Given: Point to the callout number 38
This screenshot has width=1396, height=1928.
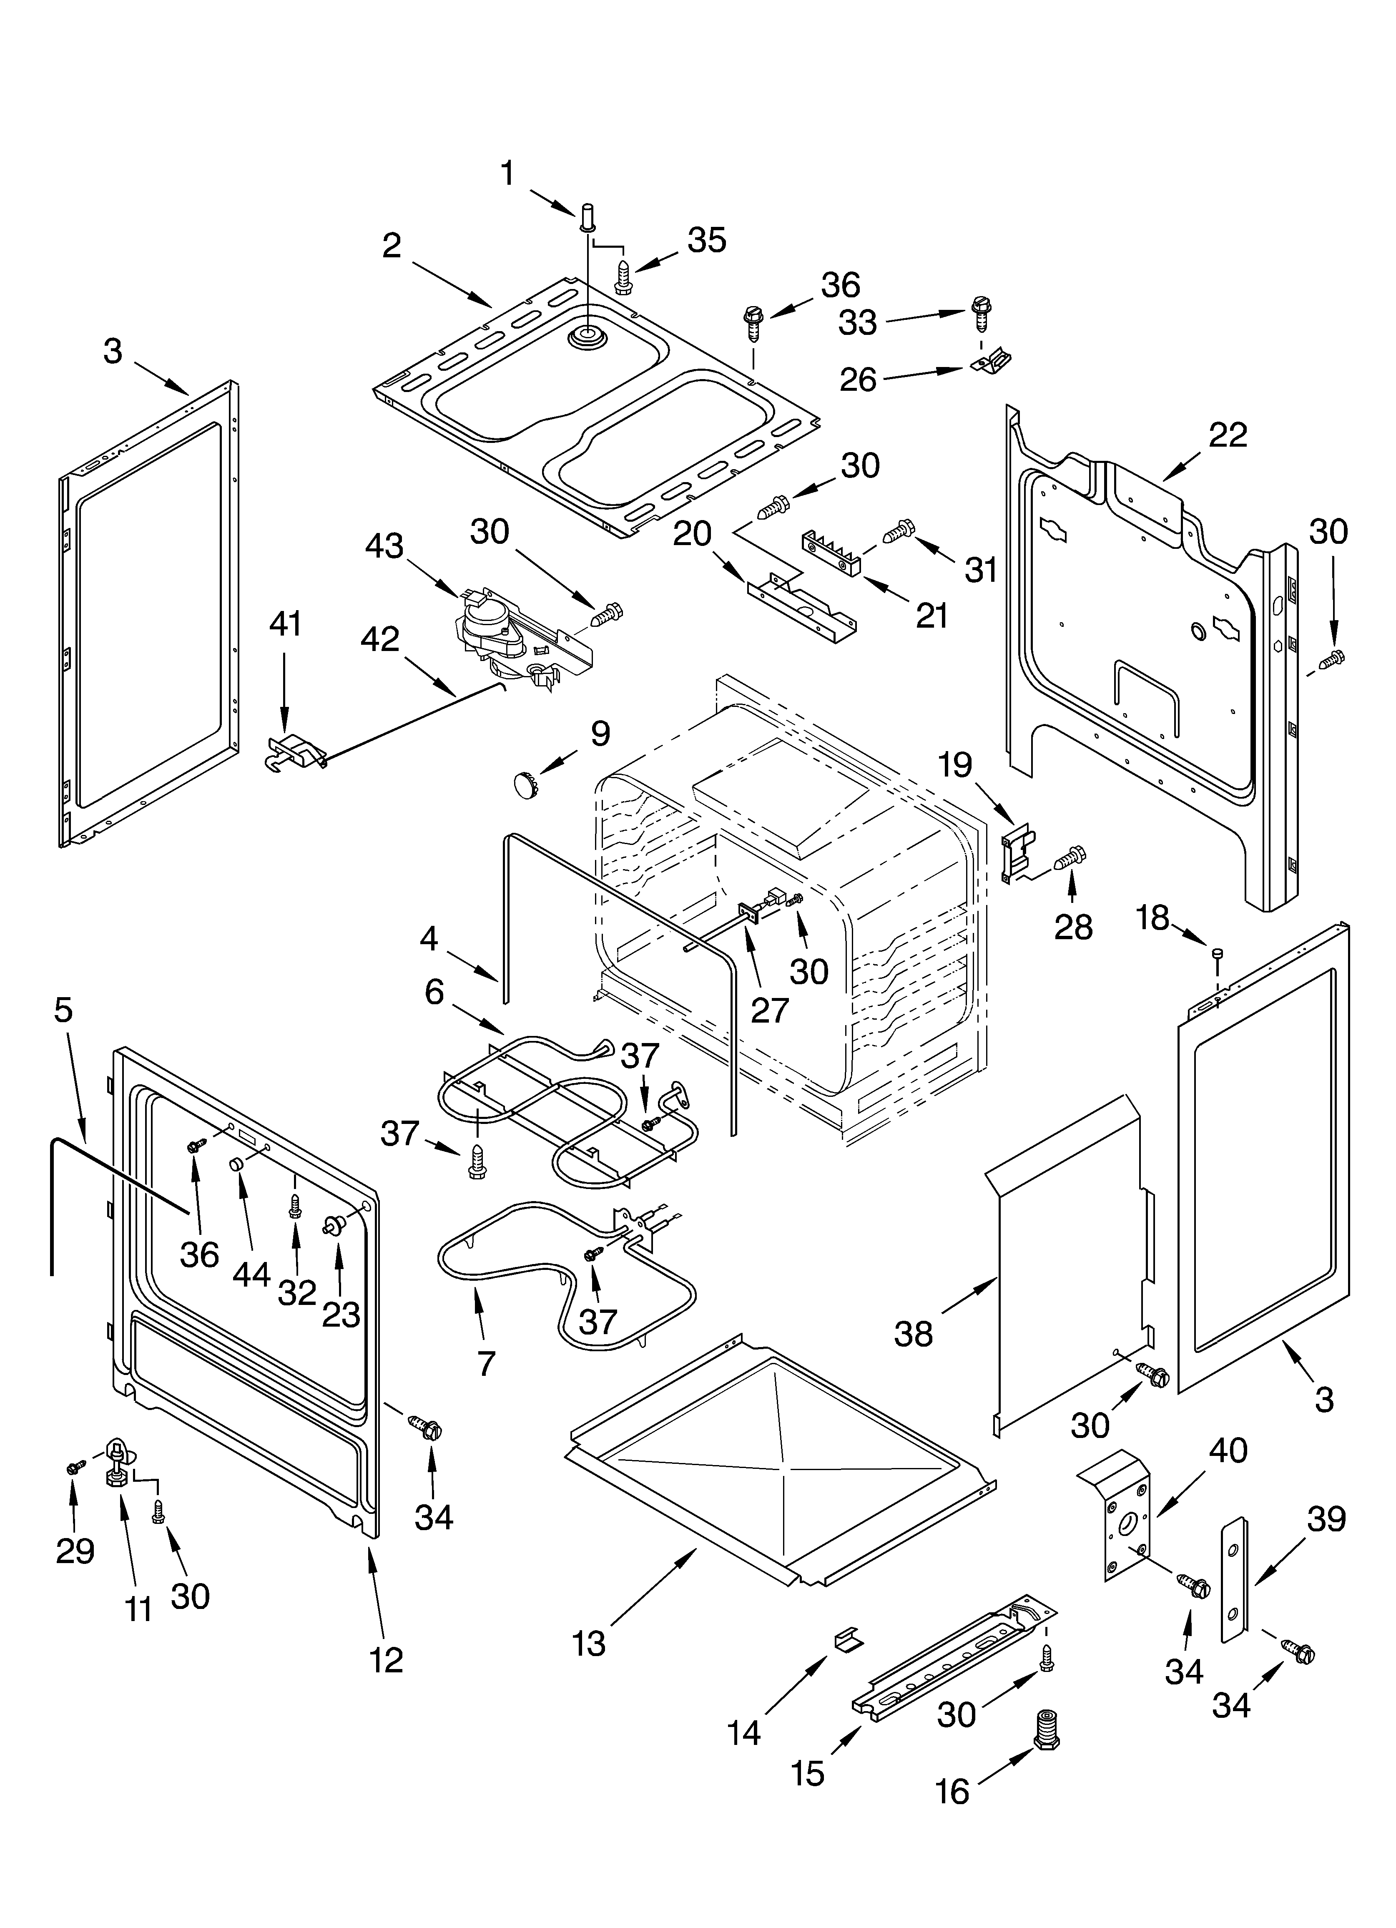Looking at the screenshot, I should click(913, 1334).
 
